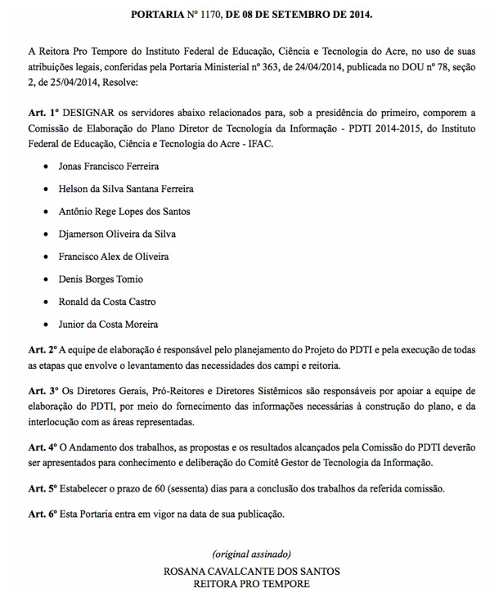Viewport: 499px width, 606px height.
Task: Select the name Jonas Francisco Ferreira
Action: click(109, 167)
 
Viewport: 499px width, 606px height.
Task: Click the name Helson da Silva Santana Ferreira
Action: click(126, 189)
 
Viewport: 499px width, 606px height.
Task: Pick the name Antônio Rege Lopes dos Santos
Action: click(124, 212)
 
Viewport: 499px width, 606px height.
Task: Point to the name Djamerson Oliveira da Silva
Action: click(117, 234)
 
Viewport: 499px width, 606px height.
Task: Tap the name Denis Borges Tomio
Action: click(101, 279)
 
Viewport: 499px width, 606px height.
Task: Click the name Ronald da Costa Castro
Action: click(107, 302)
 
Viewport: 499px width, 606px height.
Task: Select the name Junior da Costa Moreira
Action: click(108, 324)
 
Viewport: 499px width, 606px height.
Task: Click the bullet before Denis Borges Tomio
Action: click(44, 280)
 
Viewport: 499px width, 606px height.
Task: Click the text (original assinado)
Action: click(251, 554)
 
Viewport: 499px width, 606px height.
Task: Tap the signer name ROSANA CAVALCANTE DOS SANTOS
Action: click(251, 571)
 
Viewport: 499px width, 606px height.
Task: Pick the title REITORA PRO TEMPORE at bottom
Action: click(251, 585)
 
